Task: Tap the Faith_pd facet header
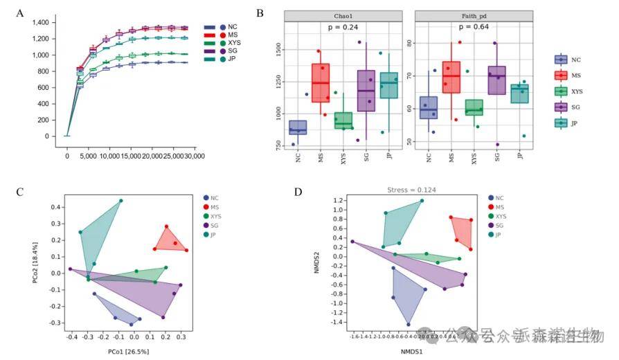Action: coord(474,15)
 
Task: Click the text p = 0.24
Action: coord(343,28)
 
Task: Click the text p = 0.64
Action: coord(474,28)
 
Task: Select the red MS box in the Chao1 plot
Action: coord(321,83)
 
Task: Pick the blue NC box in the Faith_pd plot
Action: coord(429,107)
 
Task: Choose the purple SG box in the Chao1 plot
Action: coord(366,90)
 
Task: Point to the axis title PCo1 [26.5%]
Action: coord(128,352)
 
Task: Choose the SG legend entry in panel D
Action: coord(497,226)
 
